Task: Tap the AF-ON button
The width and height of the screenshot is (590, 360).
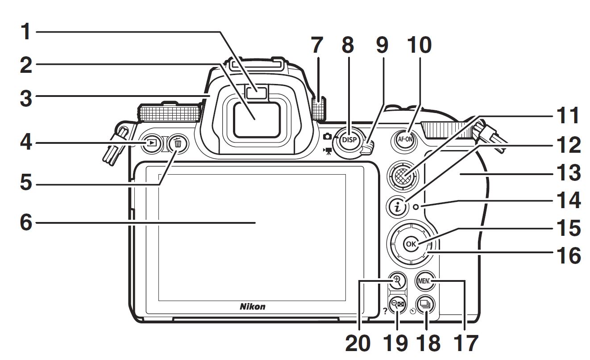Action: [406, 139]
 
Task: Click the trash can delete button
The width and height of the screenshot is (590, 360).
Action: [179, 144]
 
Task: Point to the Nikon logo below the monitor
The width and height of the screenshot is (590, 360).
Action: [253, 306]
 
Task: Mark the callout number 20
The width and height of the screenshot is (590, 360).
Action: [358, 343]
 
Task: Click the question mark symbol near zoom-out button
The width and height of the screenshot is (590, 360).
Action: [385, 311]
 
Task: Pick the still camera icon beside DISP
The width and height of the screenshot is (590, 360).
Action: [328, 136]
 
